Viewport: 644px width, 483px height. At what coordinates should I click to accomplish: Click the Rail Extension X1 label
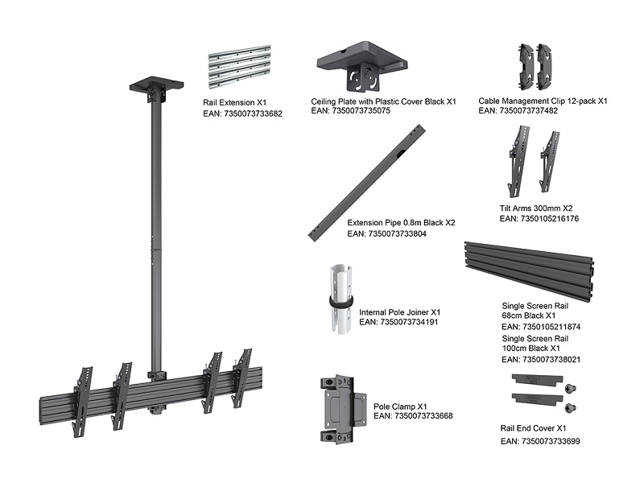[x=234, y=104]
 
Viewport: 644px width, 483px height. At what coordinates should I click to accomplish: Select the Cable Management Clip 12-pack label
[x=543, y=101]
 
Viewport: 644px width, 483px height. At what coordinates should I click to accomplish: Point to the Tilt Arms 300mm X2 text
[x=536, y=208]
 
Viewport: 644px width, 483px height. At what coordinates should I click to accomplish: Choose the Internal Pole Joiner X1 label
[x=399, y=312]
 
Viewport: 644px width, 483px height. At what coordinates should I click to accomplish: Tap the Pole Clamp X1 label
[x=400, y=406]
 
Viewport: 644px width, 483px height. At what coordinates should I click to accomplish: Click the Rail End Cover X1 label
[x=534, y=429]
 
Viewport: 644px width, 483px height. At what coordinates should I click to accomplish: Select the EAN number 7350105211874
[x=540, y=327]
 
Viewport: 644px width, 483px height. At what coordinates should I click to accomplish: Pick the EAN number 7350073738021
[x=540, y=360]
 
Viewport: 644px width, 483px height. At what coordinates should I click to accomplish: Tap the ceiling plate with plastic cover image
[x=366, y=66]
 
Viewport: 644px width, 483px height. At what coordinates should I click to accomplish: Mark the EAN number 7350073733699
[x=540, y=441]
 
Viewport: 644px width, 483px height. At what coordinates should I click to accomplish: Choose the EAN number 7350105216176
[x=539, y=218]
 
